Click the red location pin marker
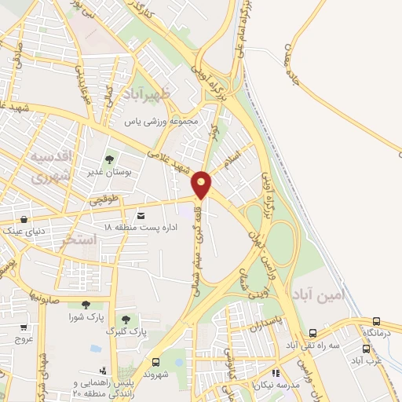pyautogui.click(x=202, y=184)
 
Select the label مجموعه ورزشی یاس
pyautogui.click(x=164, y=122)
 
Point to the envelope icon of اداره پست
pyautogui.click(x=141, y=214)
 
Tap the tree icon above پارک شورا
pyautogui.click(x=85, y=305)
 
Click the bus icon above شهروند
pyautogui.click(x=155, y=362)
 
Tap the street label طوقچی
pyautogui.click(x=104, y=200)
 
